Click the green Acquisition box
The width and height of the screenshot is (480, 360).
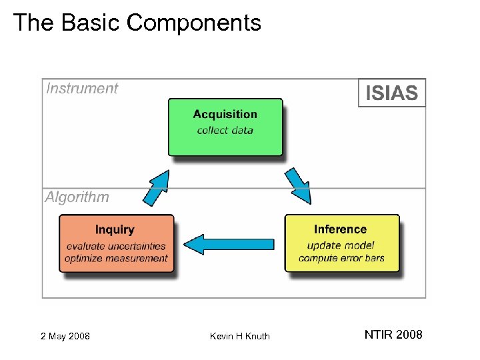coord(225,127)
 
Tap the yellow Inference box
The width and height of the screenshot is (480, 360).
coord(341,243)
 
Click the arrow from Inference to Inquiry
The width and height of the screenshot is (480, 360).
coord(229,244)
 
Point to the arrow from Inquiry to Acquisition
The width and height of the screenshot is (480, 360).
coord(157,187)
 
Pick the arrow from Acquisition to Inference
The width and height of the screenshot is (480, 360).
coord(297,186)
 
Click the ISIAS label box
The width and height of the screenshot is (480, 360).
coord(392,93)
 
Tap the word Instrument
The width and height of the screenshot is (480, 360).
coord(81,89)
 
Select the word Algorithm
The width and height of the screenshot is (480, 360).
coord(77,197)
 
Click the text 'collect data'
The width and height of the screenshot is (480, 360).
coord(225,130)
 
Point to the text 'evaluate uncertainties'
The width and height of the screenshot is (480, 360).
coord(116,246)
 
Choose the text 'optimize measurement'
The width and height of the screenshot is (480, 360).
coord(116,258)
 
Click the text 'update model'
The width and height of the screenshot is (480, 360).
coord(341,245)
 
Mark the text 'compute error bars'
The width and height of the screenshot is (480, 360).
coord(341,258)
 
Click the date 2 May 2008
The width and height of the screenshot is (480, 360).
coord(65,336)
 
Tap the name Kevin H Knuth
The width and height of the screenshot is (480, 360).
coord(240,336)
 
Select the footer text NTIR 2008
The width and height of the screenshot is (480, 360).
coord(393,335)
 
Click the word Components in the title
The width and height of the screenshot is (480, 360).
coord(194,23)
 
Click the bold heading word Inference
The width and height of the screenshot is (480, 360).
coord(340,229)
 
